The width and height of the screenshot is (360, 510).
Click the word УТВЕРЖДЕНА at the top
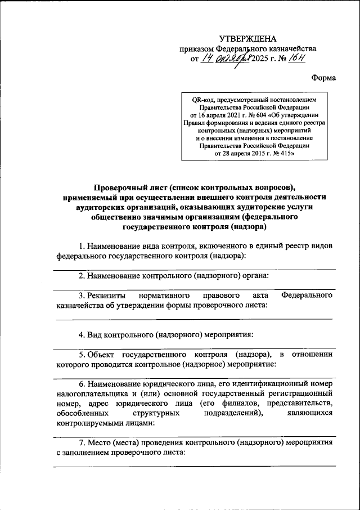247,39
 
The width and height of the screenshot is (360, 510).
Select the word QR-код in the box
203,99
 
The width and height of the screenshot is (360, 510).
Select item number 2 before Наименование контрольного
81,275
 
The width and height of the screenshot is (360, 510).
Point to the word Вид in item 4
93,334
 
